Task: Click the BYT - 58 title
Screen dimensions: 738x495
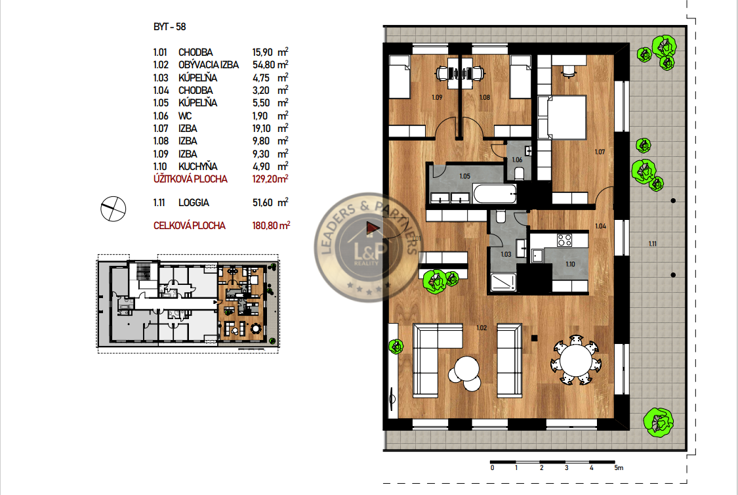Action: [169, 27]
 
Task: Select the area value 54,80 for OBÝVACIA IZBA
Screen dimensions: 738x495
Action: [264, 65]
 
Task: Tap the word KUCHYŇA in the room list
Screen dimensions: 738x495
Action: [197, 166]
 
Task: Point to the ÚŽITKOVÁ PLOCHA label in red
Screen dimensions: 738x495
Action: [190, 179]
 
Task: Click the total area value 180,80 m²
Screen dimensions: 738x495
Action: [271, 226]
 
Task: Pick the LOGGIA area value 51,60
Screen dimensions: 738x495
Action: [262, 202]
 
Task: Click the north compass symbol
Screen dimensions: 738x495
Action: [113, 209]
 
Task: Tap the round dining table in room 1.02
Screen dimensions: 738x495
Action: [575, 360]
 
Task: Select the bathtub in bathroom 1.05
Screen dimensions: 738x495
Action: [495, 194]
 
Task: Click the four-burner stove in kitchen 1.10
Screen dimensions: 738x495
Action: [564, 240]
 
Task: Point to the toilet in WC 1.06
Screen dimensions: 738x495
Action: [519, 173]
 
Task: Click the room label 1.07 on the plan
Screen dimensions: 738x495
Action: [600, 152]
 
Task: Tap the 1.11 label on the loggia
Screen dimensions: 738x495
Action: [652, 244]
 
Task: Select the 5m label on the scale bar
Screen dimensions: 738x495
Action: [619, 467]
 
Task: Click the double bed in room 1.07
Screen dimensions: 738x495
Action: [562, 118]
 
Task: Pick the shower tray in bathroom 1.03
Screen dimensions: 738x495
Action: [503, 282]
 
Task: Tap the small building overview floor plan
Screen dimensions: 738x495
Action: [188, 304]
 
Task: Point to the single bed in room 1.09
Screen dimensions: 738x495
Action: [400, 77]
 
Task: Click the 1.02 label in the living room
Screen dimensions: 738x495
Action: [482, 328]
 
